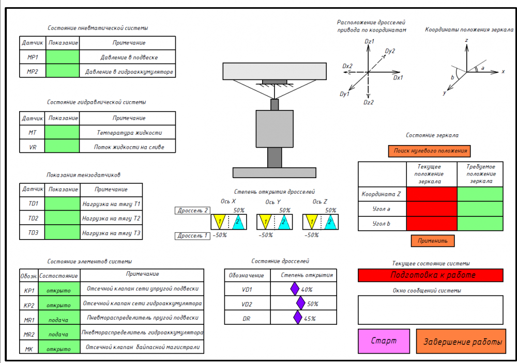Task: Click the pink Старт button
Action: pos(384,341)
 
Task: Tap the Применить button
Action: pos(433,241)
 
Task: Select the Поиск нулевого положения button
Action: pos(429,151)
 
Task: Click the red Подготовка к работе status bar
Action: pos(430,275)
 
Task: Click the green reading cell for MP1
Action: pos(63,57)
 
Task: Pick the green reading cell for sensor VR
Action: pos(62,147)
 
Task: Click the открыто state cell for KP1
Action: pos(58,289)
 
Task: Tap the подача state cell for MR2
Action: pos(58,334)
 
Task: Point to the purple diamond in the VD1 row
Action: pos(295,289)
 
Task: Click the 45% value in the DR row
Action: pos(310,318)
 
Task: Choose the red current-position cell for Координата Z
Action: pos(432,194)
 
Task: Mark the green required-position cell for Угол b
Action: pos(480,224)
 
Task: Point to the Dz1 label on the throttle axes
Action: pos(369,41)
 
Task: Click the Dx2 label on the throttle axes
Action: pos(347,66)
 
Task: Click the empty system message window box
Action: pos(430,309)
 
